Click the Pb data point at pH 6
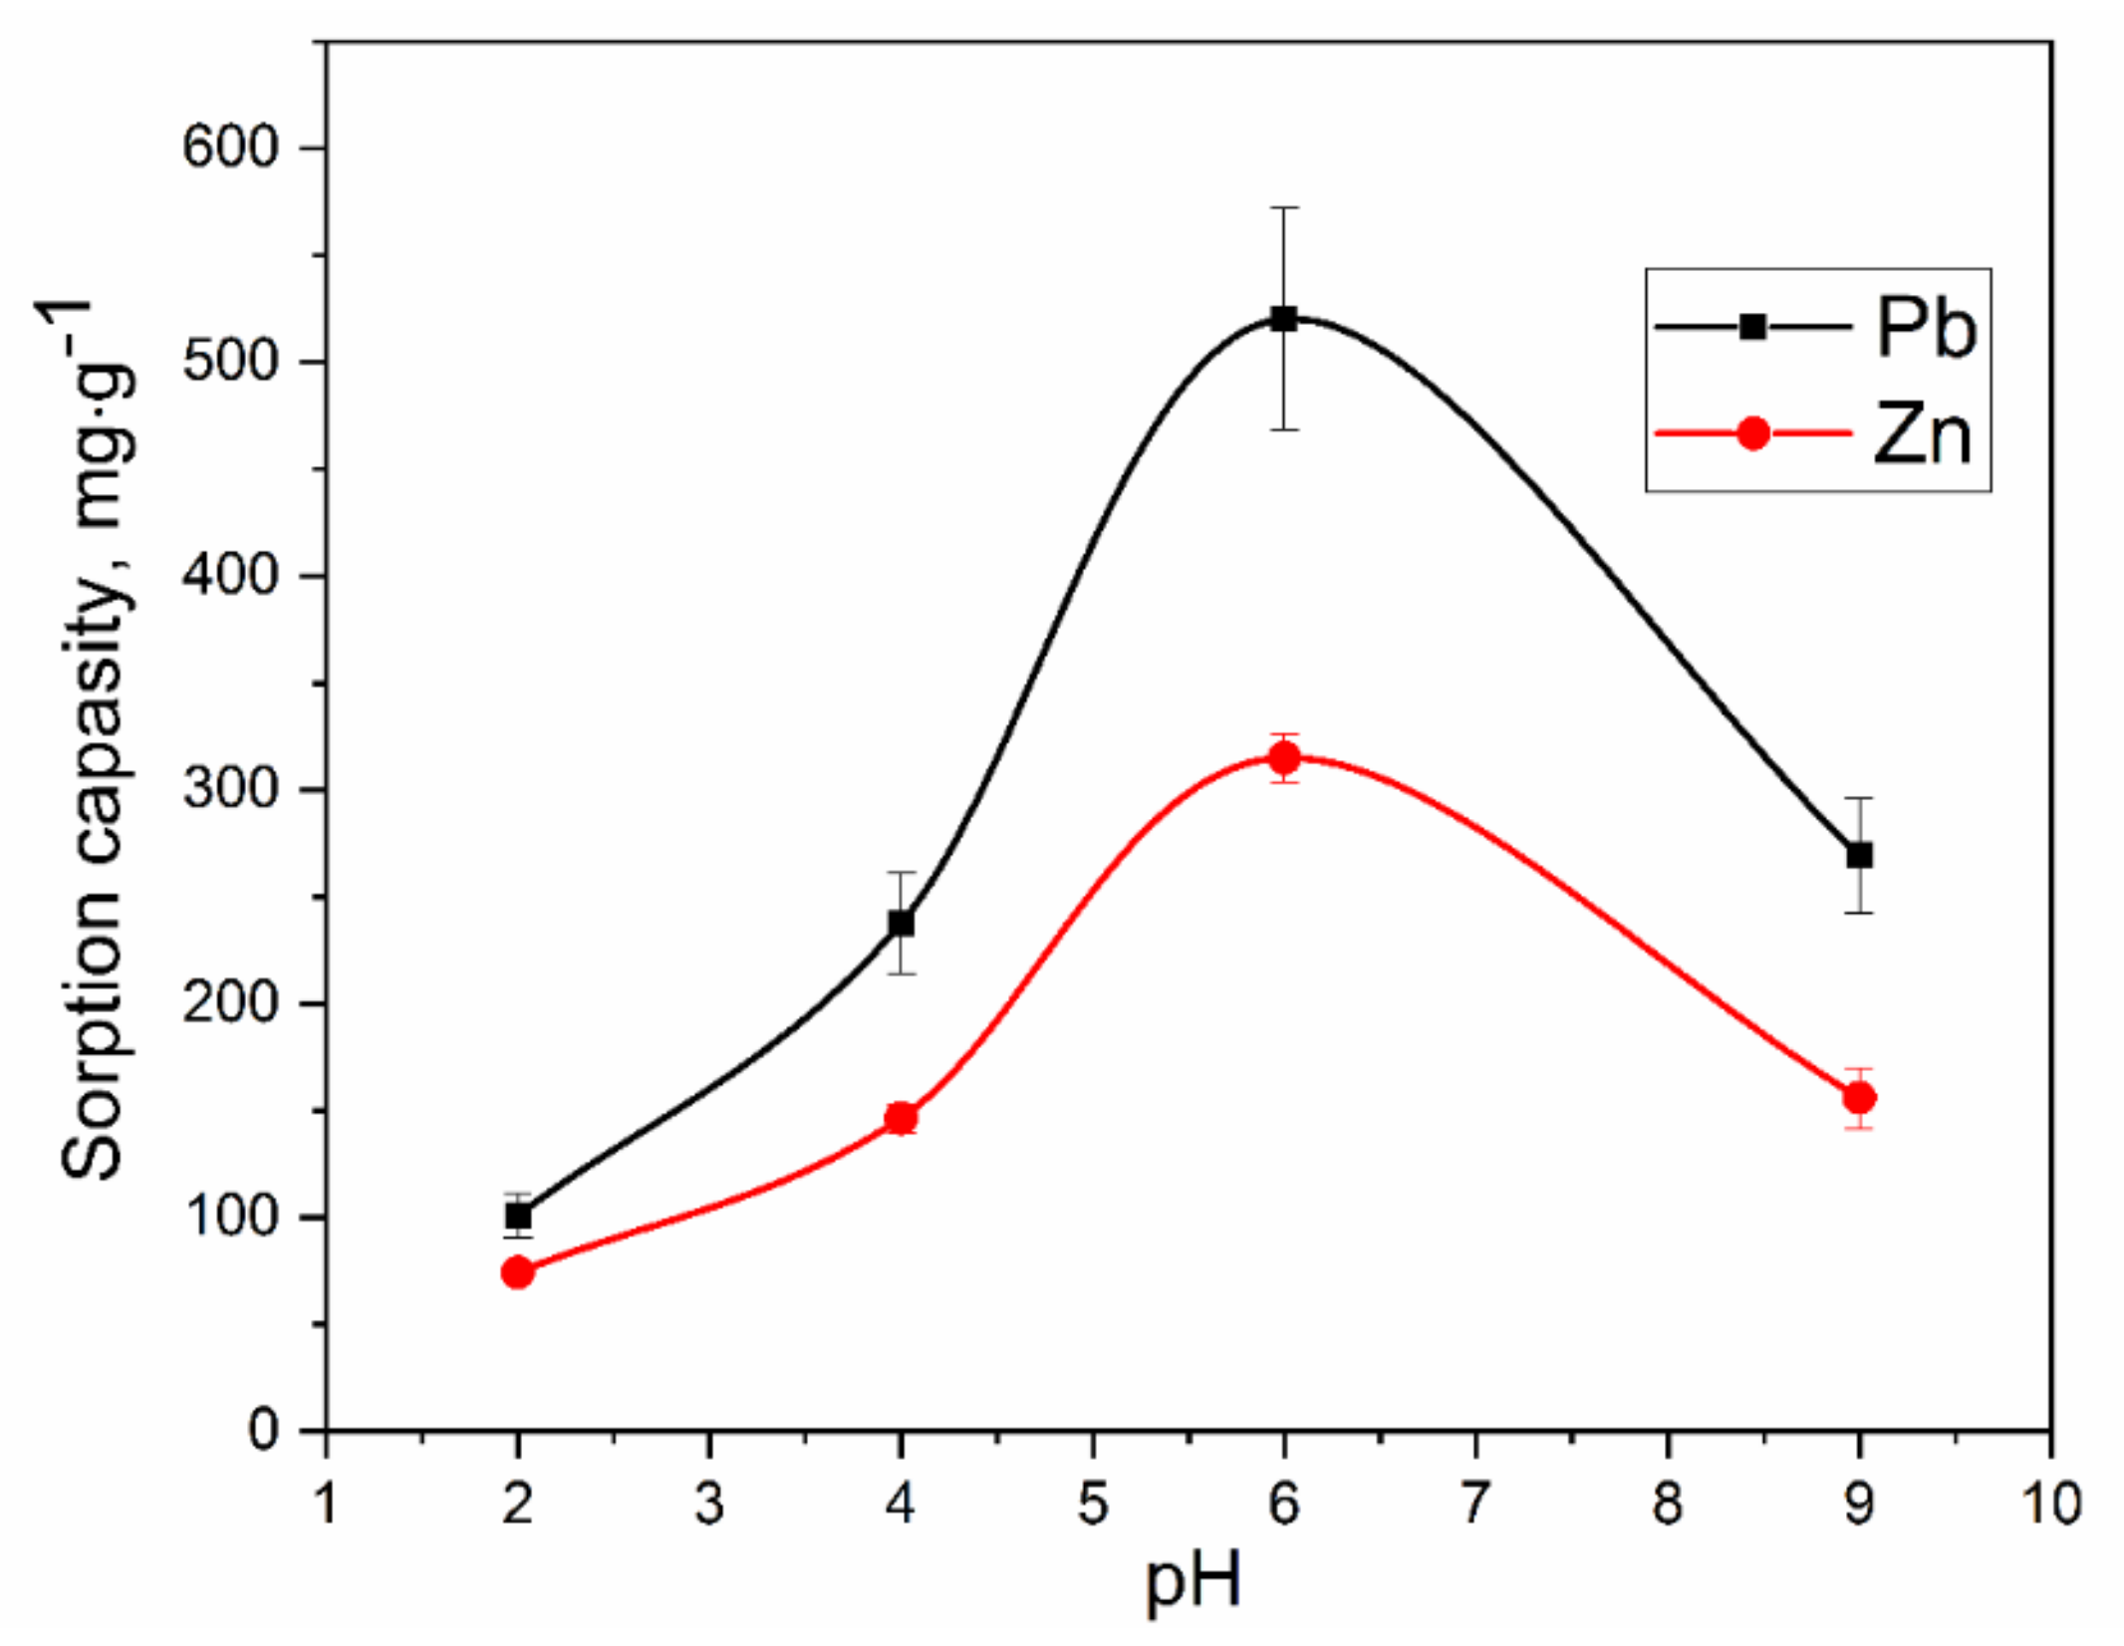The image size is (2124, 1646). (x=1284, y=319)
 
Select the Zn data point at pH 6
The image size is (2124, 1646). (x=1284, y=758)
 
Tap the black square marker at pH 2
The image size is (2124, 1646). (x=518, y=1216)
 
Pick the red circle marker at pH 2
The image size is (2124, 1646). (x=518, y=1272)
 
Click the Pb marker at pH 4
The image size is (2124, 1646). (x=901, y=924)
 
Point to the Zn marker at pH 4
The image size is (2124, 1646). (x=901, y=1118)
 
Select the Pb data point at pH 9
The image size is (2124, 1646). (x=1859, y=855)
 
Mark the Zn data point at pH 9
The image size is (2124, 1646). (x=1859, y=1098)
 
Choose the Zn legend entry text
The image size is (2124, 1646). (x=1923, y=434)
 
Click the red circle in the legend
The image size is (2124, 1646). (x=1752, y=433)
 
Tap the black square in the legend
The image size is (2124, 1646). (x=1752, y=327)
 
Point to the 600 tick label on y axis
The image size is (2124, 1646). (x=228, y=147)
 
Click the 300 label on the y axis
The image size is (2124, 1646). (x=228, y=789)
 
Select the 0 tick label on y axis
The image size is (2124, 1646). (x=263, y=1431)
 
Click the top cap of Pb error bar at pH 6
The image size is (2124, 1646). (x=1284, y=207)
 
